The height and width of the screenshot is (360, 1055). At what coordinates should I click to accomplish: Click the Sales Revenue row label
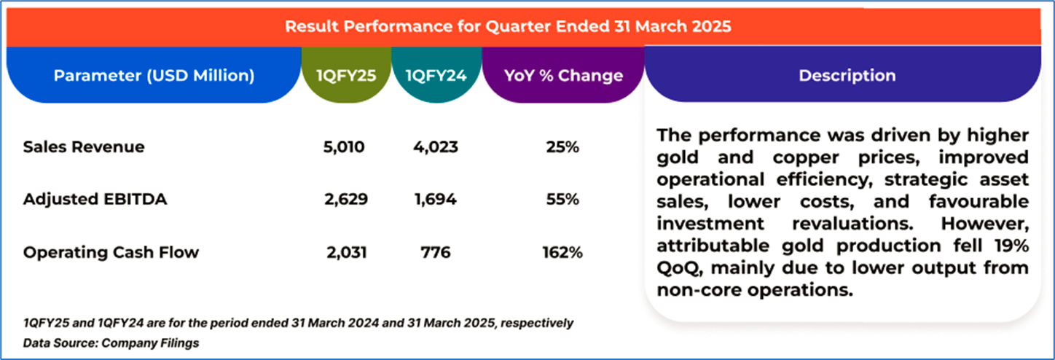(84, 146)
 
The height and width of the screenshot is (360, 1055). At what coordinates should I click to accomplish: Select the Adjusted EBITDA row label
(95, 199)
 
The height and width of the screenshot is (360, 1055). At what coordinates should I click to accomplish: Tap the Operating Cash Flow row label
(111, 252)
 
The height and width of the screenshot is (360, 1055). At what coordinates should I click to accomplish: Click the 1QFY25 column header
(347, 76)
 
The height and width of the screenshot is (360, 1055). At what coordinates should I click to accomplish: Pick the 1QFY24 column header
(436, 76)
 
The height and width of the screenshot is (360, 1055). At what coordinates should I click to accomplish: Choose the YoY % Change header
(563, 76)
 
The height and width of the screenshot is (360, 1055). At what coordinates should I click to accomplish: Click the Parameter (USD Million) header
(154, 76)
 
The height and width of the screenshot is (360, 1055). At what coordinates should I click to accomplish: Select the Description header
(847, 76)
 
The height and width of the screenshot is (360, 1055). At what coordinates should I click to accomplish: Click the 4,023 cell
(435, 147)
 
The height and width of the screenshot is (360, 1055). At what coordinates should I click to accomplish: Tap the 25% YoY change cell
(562, 147)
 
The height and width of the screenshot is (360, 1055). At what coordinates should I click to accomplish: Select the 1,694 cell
(435, 200)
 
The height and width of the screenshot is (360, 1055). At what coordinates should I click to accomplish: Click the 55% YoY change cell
(562, 200)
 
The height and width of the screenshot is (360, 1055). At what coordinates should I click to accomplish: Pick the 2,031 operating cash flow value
(347, 253)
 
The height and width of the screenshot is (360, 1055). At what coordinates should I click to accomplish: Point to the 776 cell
(435, 253)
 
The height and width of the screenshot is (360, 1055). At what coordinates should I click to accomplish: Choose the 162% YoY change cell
(562, 253)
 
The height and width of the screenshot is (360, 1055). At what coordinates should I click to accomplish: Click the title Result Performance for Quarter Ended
(508, 27)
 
